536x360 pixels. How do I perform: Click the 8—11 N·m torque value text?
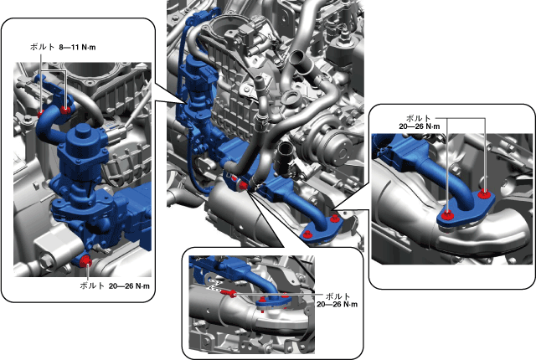click(x=77, y=47)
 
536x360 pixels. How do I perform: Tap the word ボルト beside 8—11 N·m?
click(x=42, y=47)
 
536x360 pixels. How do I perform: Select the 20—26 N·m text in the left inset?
click(x=129, y=285)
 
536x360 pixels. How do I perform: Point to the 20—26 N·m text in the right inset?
click(x=420, y=126)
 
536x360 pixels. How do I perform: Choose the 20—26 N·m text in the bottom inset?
click(x=337, y=305)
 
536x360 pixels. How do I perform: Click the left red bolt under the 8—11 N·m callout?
click(x=41, y=113)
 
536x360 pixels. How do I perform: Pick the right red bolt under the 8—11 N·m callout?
click(x=65, y=110)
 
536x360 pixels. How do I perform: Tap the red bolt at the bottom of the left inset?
click(x=85, y=261)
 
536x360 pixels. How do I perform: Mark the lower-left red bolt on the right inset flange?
click(x=447, y=216)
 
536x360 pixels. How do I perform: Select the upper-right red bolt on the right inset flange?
click(x=483, y=194)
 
